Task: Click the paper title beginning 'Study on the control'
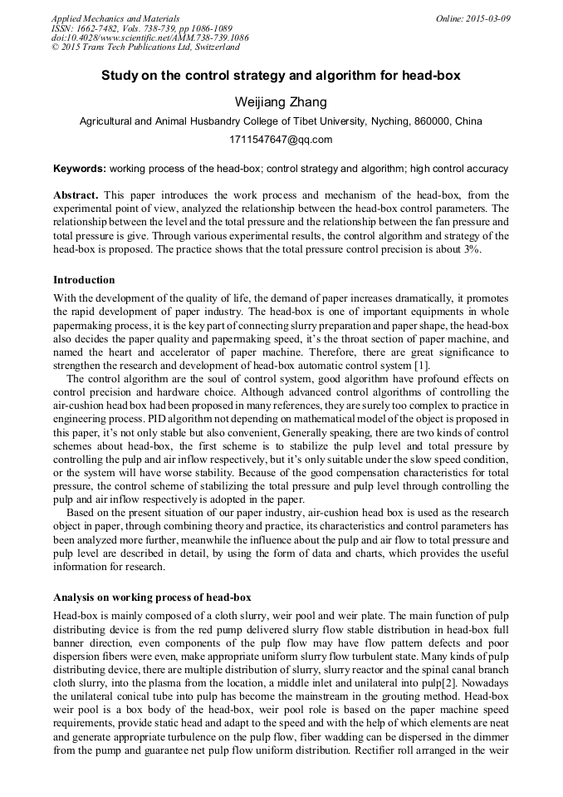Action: tap(281, 75)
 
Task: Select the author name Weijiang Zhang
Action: tap(281, 102)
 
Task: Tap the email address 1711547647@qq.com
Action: tap(281, 139)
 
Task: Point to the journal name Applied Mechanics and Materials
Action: tap(115, 18)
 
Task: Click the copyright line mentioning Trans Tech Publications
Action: tap(145, 47)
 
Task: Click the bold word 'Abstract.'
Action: tap(76, 194)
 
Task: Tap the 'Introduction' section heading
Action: tap(84, 279)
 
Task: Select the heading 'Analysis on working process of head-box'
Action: tap(152, 598)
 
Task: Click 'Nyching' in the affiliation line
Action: tap(378, 121)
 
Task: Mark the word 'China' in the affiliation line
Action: tap(468, 121)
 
